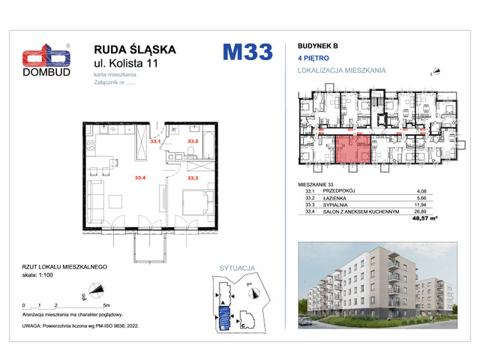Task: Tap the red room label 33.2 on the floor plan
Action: (193, 140)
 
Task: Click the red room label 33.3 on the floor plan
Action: (193, 178)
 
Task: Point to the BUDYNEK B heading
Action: (313, 46)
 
